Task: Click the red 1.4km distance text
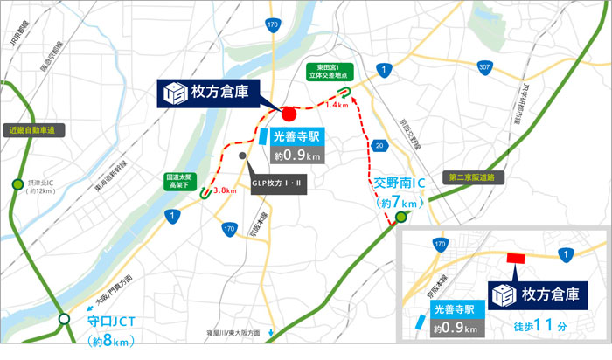tap(337, 104)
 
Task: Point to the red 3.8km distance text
tap(225, 190)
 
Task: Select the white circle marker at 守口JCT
tap(65, 321)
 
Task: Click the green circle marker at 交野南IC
tap(401, 216)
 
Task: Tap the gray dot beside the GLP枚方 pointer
tap(242, 156)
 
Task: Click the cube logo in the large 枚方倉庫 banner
tap(175, 92)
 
